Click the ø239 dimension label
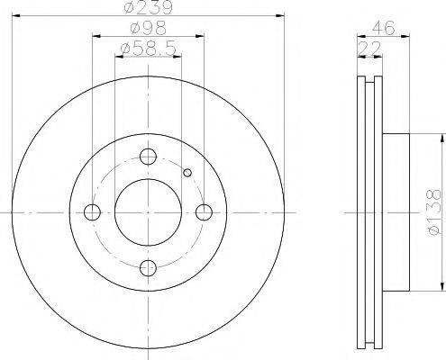click(149, 9)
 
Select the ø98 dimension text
click(149, 29)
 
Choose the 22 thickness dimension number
click(367, 47)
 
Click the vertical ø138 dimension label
click(433, 212)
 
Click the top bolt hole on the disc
click(149, 157)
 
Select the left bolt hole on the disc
click(92, 212)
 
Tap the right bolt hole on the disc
click(205, 212)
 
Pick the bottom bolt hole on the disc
click(149, 267)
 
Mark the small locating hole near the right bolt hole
click(187, 173)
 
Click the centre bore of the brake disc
click(149, 212)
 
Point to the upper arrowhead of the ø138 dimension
click(441, 138)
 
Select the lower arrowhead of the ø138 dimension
click(441, 287)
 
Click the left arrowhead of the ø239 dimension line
click(17, 15)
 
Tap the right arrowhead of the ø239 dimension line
click(280, 15)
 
